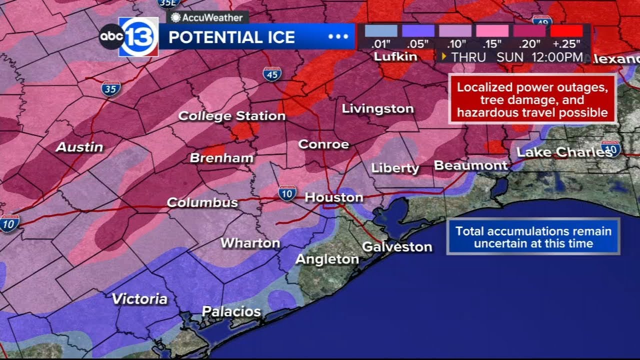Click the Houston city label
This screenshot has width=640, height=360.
(x=333, y=197)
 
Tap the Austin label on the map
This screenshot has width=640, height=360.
(x=79, y=147)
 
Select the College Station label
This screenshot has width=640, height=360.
(x=231, y=116)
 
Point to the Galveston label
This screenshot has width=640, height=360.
(x=397, y=246)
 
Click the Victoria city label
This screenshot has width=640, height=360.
(x=139, y=299)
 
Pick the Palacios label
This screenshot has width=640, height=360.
(x=231, y=311)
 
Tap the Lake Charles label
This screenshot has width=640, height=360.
(x=563, y=152)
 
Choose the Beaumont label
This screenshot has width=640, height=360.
(x=470, y=165)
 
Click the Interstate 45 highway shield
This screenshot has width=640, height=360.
(x=272, y=74)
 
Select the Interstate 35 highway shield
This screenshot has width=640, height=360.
(x=110, y=89)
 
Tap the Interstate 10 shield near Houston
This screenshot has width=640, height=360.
(x=287, y=193)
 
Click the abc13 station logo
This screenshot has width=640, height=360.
(x=129, y=37)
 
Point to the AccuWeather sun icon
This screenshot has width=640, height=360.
(x=175, y=18)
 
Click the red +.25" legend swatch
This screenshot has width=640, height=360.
(x=566, y=31)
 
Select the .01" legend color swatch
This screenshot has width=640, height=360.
(x=381, y=31)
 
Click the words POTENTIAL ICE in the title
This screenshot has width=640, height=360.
(x=231, y=37)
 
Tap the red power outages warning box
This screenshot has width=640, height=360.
(x=532, y=100)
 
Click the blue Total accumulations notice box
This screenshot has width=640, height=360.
(x=533, y=237)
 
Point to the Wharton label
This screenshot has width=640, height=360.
(x=250, y=243)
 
